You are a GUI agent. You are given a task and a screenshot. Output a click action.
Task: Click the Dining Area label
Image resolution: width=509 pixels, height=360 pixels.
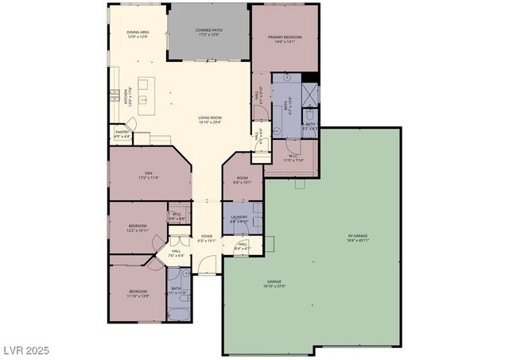click(138, 33)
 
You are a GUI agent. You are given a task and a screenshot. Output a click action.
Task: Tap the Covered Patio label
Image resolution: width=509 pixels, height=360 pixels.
click(209, 29)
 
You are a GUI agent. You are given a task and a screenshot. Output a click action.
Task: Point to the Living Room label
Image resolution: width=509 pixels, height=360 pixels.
click(210, 118)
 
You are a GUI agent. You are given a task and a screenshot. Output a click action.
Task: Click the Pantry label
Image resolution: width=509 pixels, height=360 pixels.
click(122, 132)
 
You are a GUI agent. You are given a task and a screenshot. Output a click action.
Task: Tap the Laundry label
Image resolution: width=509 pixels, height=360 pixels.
click(239, 217)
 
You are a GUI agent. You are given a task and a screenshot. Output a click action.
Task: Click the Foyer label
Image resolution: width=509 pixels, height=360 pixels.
click(207, 236)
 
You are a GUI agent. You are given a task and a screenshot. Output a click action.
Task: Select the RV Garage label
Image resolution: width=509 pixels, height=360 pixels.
click(358, 236)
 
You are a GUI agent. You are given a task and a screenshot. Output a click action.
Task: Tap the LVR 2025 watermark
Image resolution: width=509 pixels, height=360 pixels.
click(27, 349)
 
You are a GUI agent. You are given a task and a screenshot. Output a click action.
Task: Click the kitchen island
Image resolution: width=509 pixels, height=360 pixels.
click(146, 85)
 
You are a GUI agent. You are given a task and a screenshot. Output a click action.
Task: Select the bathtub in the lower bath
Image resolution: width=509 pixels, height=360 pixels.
click(177, 310)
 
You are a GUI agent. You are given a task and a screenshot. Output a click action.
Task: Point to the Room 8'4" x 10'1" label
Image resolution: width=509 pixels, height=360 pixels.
click(242, 180)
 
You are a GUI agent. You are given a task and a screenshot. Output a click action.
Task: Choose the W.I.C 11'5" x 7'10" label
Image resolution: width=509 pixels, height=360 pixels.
click(293, 157)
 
